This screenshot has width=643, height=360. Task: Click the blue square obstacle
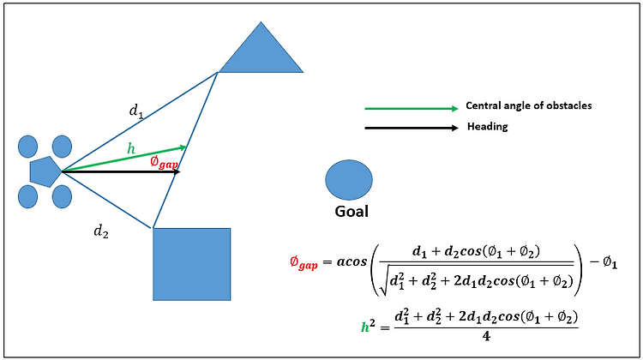click(x=192, y=263)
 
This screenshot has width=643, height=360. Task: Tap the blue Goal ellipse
click(x=349, y=179)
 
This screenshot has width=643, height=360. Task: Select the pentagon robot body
click(x=44, y=171)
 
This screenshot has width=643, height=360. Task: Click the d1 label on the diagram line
click(x=135, y=111)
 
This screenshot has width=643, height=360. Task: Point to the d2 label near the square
click(x=100, y=231)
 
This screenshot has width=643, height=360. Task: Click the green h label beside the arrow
click(x=130, y=149)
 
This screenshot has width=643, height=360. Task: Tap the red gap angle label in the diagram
click(x=165, y=162)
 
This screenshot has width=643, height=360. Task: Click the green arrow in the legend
click(x=411, y=109)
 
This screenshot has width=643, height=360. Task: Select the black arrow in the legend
click(x=411, y=128)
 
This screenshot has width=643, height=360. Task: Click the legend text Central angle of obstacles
click(x=528, y=105)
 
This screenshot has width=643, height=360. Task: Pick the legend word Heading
click(x=488, y=127)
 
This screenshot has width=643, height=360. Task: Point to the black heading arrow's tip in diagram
click(x=179, y=172)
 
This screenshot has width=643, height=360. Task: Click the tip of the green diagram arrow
click(x=185, y=147)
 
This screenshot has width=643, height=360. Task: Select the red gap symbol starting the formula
click(x=304, y=265)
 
